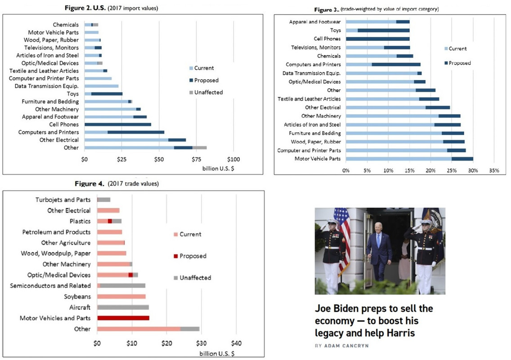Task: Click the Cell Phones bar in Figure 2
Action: (118, 125)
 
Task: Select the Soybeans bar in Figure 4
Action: (121, 297)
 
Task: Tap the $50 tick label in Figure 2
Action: (159, 159)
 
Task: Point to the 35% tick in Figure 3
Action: (494, 171)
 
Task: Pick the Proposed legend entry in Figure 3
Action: (459, 63)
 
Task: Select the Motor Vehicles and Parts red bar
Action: (123, 318)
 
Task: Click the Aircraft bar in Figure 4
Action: (123, 307)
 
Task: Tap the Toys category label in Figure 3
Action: (335, 31)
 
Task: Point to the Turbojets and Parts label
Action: (63, 200)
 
